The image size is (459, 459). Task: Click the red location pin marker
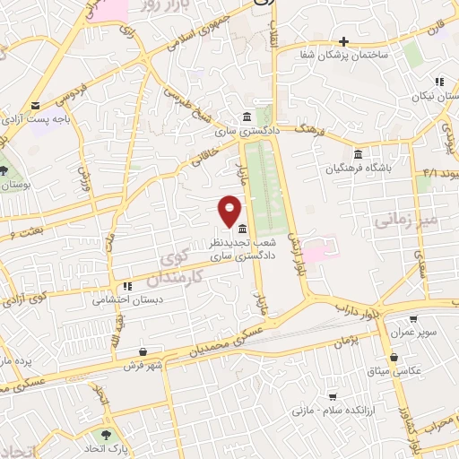(229, 211)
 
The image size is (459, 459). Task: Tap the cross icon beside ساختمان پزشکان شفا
(343, 41)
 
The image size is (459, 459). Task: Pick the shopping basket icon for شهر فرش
(144, 352)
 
